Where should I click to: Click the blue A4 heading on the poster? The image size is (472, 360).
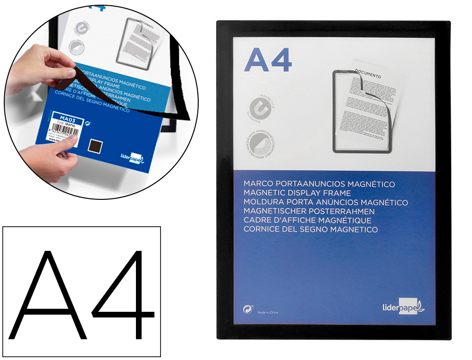point(268,60)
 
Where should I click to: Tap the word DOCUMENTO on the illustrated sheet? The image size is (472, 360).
point(368,72)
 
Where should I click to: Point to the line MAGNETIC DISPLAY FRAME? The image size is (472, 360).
point(297,193)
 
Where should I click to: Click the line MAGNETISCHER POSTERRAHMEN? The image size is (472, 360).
point(309,211)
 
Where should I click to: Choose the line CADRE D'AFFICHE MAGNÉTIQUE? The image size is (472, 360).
point(307,220)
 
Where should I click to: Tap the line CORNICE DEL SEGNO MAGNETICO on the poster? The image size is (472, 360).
point(311,230)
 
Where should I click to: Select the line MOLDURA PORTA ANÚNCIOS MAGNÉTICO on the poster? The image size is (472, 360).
point(326,202)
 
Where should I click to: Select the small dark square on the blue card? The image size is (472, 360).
point(98,146)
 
